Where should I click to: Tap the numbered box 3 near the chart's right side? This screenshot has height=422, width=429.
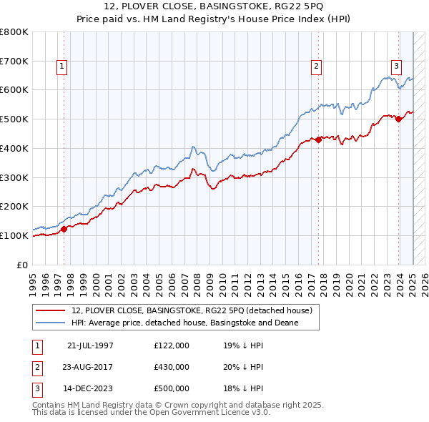[x=395, y=67]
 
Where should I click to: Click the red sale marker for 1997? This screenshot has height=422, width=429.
[x=64, y=229]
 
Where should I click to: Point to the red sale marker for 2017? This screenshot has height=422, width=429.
[x=319, y=139]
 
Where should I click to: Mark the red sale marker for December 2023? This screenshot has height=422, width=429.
[x=399, y=119]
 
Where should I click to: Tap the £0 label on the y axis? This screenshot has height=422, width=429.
[x=22, y=265]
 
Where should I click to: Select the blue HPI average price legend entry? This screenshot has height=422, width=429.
[x=184, y=323]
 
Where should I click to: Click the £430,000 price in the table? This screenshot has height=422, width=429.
[x=172, y=367]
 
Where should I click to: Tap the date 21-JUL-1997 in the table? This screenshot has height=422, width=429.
[x=90, y=345]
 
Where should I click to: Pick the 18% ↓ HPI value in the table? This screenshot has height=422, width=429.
[x=244, y=389]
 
